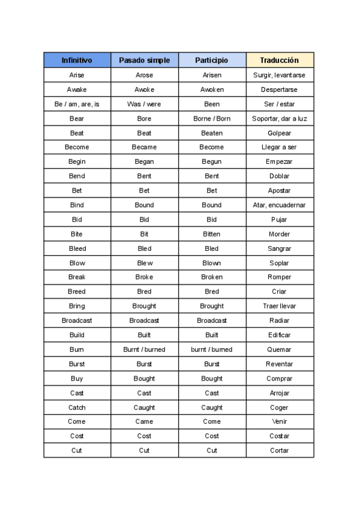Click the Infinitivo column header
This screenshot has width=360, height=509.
click(x=77, y=60)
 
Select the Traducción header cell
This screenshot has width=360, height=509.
click(x=280, y=60)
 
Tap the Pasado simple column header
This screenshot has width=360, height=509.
click(x=144, y=60)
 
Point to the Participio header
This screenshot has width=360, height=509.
click(x=212, y=60)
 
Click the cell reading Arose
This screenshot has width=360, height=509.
click(x=144, y=75)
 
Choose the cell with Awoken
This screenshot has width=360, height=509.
click(x=212, y=89)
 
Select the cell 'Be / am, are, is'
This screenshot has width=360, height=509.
click(x=77, y=104)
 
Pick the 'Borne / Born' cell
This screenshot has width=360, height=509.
click(x=212, y=118)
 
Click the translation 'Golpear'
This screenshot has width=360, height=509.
click(x=280, y=133)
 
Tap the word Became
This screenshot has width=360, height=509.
click(x=144, y=147)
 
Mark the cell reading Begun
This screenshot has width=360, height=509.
click(x=212, y=161)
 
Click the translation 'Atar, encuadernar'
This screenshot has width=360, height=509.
click(x=280, y=205)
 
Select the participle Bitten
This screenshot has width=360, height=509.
click(x=212, y=234)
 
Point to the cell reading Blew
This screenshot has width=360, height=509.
click(x=144, y=263)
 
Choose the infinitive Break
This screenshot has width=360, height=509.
click(x=77, y=277)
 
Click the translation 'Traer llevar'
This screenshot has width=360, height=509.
click(x=280, y=306)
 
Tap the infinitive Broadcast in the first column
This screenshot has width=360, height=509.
click(x=77, y=321)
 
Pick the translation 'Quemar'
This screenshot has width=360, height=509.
click(x=280, y=349)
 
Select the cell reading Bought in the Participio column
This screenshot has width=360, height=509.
click(x=212, y=379)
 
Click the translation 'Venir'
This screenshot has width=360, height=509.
click(x=280, y=421)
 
